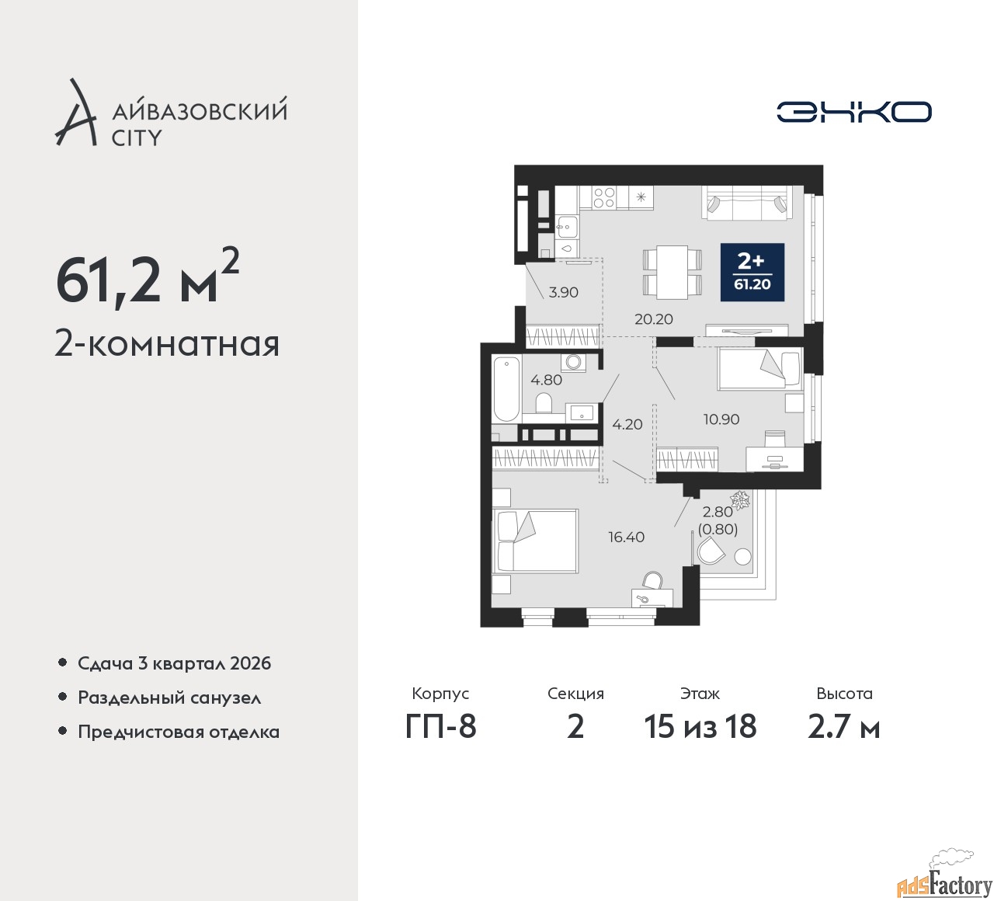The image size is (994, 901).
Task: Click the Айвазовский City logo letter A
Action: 75,113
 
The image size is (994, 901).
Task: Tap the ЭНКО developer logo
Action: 853,112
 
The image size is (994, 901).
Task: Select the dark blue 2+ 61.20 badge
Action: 752,272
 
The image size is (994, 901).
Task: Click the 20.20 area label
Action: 654,319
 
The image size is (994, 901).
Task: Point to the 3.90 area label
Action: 564,292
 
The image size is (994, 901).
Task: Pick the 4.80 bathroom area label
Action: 546,380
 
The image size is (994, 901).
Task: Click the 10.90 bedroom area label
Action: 721,419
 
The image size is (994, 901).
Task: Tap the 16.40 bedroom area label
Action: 627,537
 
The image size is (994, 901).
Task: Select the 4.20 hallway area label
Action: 627,424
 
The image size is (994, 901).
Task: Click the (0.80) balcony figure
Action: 718,530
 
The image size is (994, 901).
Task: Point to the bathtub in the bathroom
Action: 506,390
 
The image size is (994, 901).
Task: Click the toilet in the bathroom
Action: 544,403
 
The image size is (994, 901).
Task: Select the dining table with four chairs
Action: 673,272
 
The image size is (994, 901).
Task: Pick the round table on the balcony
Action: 742,557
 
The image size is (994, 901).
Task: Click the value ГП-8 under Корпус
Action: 441,727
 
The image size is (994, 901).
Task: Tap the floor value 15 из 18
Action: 700,727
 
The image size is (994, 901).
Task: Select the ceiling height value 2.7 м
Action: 844,727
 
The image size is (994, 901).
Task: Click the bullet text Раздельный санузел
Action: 169,698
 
